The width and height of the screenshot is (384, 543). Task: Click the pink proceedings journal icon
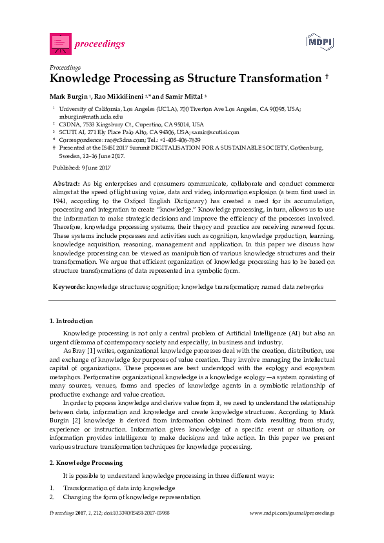click(x=60, y=44)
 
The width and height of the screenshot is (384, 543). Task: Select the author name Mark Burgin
click(x=68, y=96)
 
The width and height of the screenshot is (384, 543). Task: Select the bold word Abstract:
click(x=66, y=184)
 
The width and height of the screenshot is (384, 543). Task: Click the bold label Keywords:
click(x=68, y=285)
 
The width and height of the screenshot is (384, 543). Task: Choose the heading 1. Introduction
click(x=71, y=321)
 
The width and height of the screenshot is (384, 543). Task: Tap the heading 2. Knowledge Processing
click(x=86, y=463)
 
